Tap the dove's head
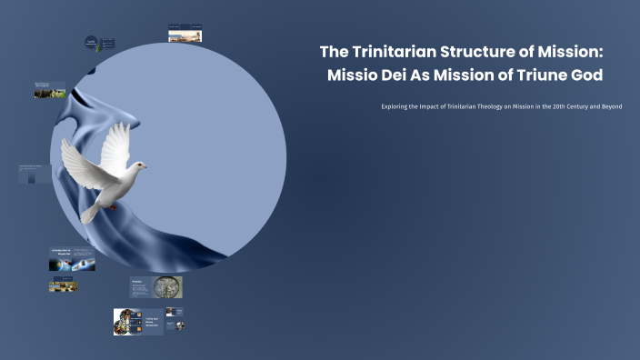(139, 165)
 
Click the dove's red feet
(113, 205)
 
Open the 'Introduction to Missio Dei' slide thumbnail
(72, 259)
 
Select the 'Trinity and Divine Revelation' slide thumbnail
(138, 322)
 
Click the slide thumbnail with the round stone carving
(167, 287)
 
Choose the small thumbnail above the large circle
(185, 34)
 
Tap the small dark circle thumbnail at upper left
(92, 42)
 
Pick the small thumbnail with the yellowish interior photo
(63, 285)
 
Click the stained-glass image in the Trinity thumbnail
(125, 322)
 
